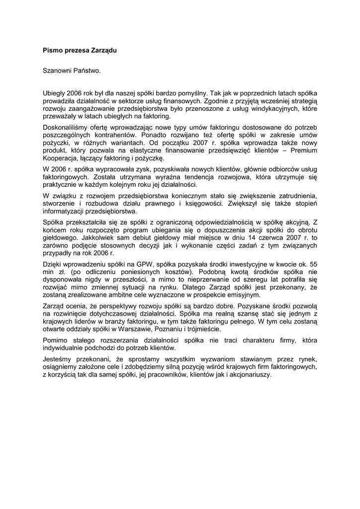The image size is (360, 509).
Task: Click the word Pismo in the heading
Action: click(52, 50)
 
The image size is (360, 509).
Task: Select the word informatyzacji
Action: click(64, 211)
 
